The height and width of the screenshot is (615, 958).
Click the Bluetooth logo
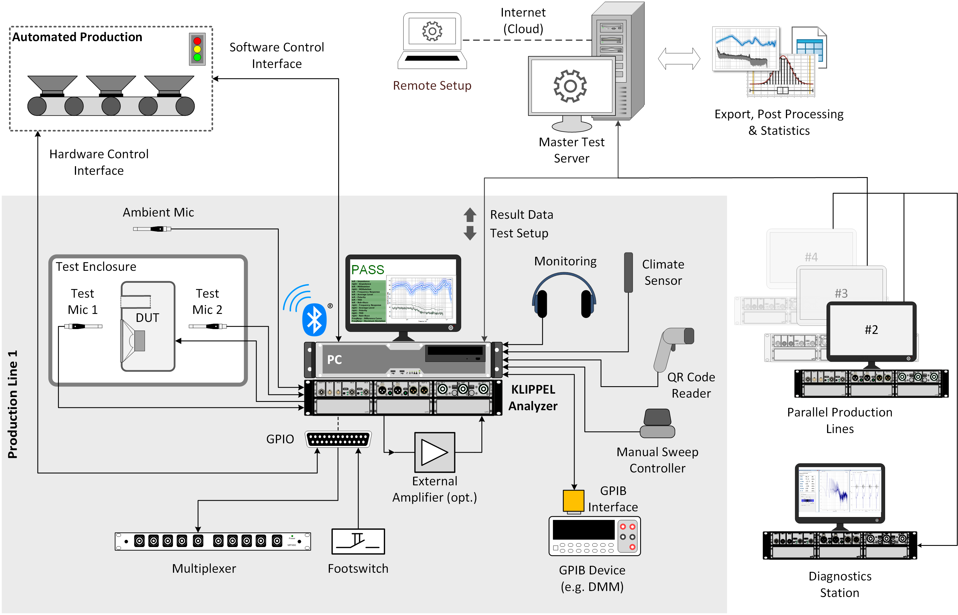[314, 319]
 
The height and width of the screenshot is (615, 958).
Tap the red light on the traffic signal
[197, 41]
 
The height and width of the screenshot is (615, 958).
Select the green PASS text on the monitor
[367, 270]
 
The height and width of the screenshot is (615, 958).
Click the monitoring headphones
[564, 296]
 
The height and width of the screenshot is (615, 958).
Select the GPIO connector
[338, 439]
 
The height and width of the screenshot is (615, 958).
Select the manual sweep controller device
[658, 424]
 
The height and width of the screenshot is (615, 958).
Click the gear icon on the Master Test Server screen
[570, 86]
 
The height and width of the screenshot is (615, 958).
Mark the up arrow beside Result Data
[470, 215]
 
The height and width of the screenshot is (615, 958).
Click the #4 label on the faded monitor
[811, 257]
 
